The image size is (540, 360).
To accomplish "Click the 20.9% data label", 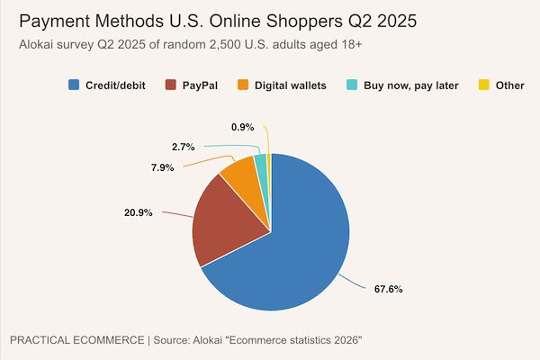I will (x=139, y=212).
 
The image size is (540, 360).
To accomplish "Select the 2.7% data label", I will (x=184, y=146).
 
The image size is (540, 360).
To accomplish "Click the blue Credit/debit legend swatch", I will (x=74, y=85).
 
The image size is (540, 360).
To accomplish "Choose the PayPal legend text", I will (x=200, y=85).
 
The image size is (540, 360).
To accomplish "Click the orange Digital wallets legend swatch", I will (x=243, y=85).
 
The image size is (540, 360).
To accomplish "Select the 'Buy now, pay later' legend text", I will (x=411, y=85).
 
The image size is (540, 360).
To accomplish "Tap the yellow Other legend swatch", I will (x=483, y=85).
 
